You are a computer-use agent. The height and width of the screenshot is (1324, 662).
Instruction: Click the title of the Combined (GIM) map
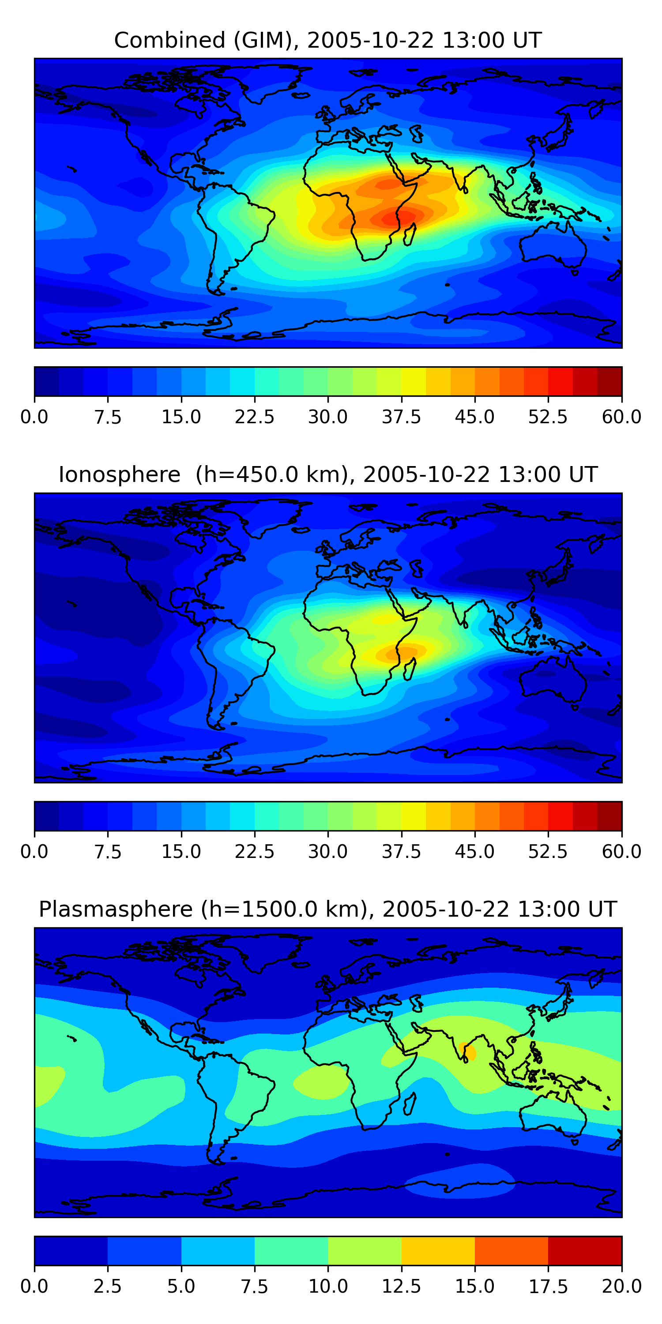[x=328, y=40]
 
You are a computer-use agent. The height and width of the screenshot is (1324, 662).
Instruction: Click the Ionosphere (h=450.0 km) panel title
[x=328, y=474]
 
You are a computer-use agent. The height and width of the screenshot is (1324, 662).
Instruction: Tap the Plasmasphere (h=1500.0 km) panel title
[x=328, y=909]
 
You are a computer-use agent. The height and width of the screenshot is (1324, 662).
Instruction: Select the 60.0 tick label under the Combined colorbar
[x=621, y=417]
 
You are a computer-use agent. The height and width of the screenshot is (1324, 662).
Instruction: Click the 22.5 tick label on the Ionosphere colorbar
[x=254, y=852]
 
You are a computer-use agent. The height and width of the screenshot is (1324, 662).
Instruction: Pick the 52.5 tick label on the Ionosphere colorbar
[x=548, y=852]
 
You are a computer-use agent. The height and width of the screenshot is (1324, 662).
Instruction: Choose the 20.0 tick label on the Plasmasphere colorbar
[x=621, y=1286]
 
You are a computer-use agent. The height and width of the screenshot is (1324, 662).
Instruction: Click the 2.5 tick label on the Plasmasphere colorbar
[x=107, y=1286]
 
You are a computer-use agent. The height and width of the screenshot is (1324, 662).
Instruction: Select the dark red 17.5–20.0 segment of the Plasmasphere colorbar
[x=585, y=1250]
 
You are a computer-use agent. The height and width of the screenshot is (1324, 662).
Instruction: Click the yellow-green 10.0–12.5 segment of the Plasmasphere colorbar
[x=365, y=1250]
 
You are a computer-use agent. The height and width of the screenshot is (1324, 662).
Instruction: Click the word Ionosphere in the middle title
[x=120, y=474]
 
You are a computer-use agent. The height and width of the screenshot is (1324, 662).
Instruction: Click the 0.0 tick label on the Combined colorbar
[x=34, y=417]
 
